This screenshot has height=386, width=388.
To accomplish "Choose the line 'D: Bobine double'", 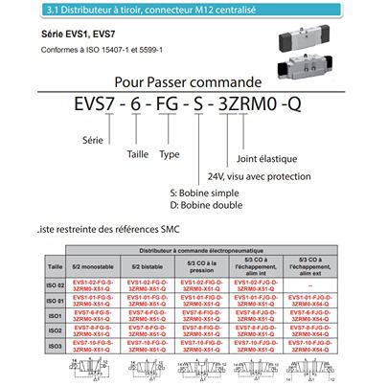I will coord(200,205).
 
